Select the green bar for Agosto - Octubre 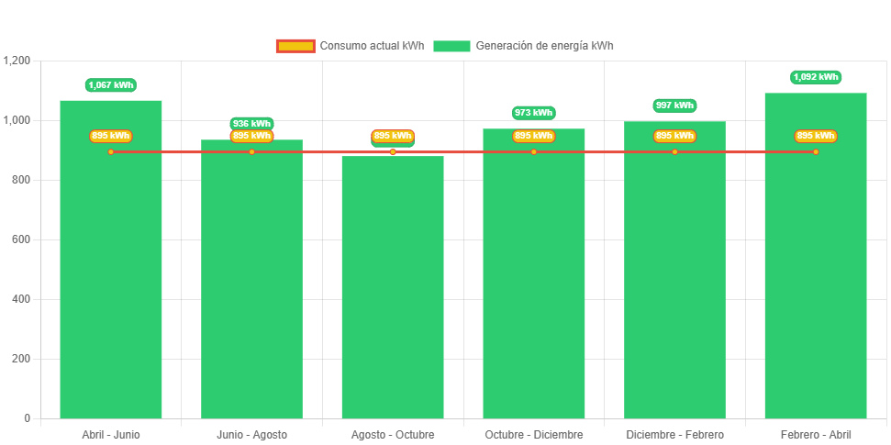[393, 294]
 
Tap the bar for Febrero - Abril [815, 275]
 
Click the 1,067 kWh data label [111, 85]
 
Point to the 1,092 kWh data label [816, 77]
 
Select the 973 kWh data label [533, 113]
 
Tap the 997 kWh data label [674, 106]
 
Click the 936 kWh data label [251, 123]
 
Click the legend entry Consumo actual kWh [350, 46]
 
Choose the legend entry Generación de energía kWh [524, 46]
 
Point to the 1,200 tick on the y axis [17, 61]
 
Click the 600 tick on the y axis [21, 239]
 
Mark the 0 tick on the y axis [27, 418]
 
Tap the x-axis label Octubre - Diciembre [533, 434]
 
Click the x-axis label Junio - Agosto [251, 434]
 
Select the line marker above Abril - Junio [111, 151]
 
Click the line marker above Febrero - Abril [815, 151]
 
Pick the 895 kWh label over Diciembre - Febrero [674, 136]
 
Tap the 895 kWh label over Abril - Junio [111, 136]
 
